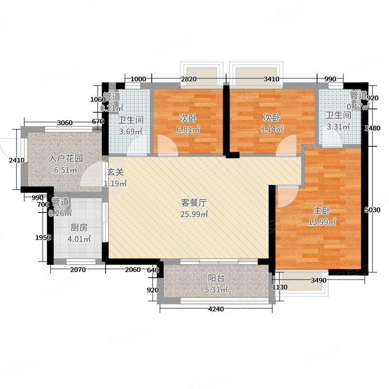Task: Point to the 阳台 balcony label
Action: point(216,279)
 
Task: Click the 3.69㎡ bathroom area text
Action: point(131,131)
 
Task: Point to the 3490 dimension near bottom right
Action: point(319,280)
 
